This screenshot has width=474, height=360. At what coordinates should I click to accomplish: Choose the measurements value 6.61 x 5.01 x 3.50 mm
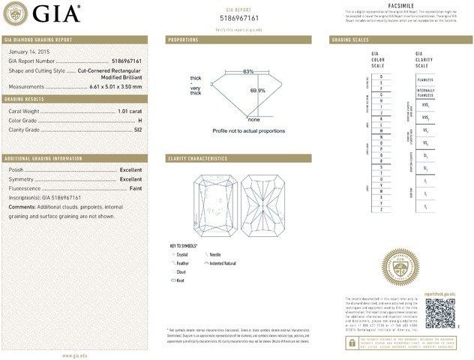click(110, 86)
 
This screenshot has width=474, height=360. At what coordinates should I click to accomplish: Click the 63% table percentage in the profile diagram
click(248, 71)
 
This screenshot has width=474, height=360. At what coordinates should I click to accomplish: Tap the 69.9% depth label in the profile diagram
click(258, 90)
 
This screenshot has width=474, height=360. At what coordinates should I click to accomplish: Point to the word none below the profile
click(253, 120)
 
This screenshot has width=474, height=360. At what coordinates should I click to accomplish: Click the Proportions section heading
click(183, 39)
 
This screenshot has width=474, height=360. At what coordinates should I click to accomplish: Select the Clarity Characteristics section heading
click(197, 159)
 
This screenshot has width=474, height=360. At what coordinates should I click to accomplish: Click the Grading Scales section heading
click(349, 39)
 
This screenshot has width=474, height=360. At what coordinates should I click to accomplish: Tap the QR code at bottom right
click(440, 312)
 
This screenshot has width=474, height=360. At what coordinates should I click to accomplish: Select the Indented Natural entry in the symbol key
click(222, 263)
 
